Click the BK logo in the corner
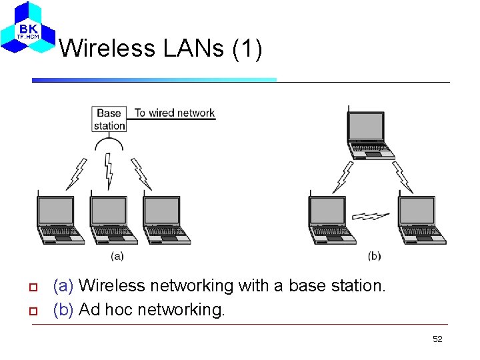tap(27, 29)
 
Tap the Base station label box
tap(109, 119)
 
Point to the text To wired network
tap(175, 113)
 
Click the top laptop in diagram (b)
tap(369, 133)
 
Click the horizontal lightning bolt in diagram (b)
tap(371, 216)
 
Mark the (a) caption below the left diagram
tap(117, 255)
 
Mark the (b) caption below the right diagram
tap(374, 255)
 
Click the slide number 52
tap(437, 339)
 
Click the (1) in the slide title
tap(248, 48)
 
